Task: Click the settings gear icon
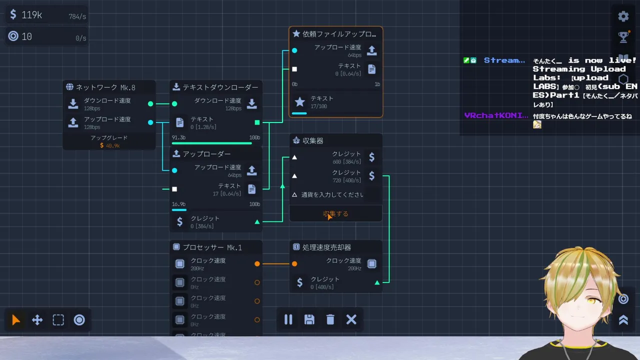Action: (623, 16)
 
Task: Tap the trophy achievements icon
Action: (623, 36)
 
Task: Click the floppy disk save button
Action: (309, 319)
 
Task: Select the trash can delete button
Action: (330, 319)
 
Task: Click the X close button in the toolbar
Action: (351, 319)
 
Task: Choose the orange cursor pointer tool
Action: (16, 320)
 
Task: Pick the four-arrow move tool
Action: (37, 320)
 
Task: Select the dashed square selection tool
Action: (58, 320)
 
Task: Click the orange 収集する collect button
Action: (335, 213)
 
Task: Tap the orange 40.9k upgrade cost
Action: (109, 145)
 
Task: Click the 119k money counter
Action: (31, 15)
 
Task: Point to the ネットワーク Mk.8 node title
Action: (105, 87)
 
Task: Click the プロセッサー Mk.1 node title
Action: (212, 247)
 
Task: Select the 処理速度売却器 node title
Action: (326, 247)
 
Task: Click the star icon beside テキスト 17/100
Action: (299, 102)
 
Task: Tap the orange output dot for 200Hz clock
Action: (257, 263)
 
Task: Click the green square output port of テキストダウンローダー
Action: (257, 122)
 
